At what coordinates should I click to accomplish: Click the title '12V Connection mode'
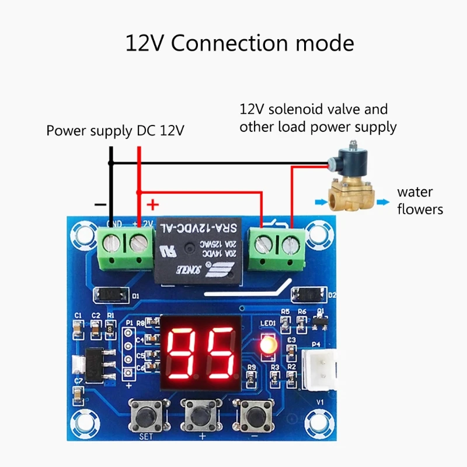pyautogui.click(x=239, y=44)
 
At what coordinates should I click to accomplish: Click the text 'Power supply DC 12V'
pyautogui.click(x=116, y=131)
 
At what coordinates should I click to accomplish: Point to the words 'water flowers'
pyautogui.click(x=420, y=200)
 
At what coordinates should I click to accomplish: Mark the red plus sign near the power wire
pyautogui.click(x=152, y=204)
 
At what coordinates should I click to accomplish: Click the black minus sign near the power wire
pyautogui.click(x=100, y=205)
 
